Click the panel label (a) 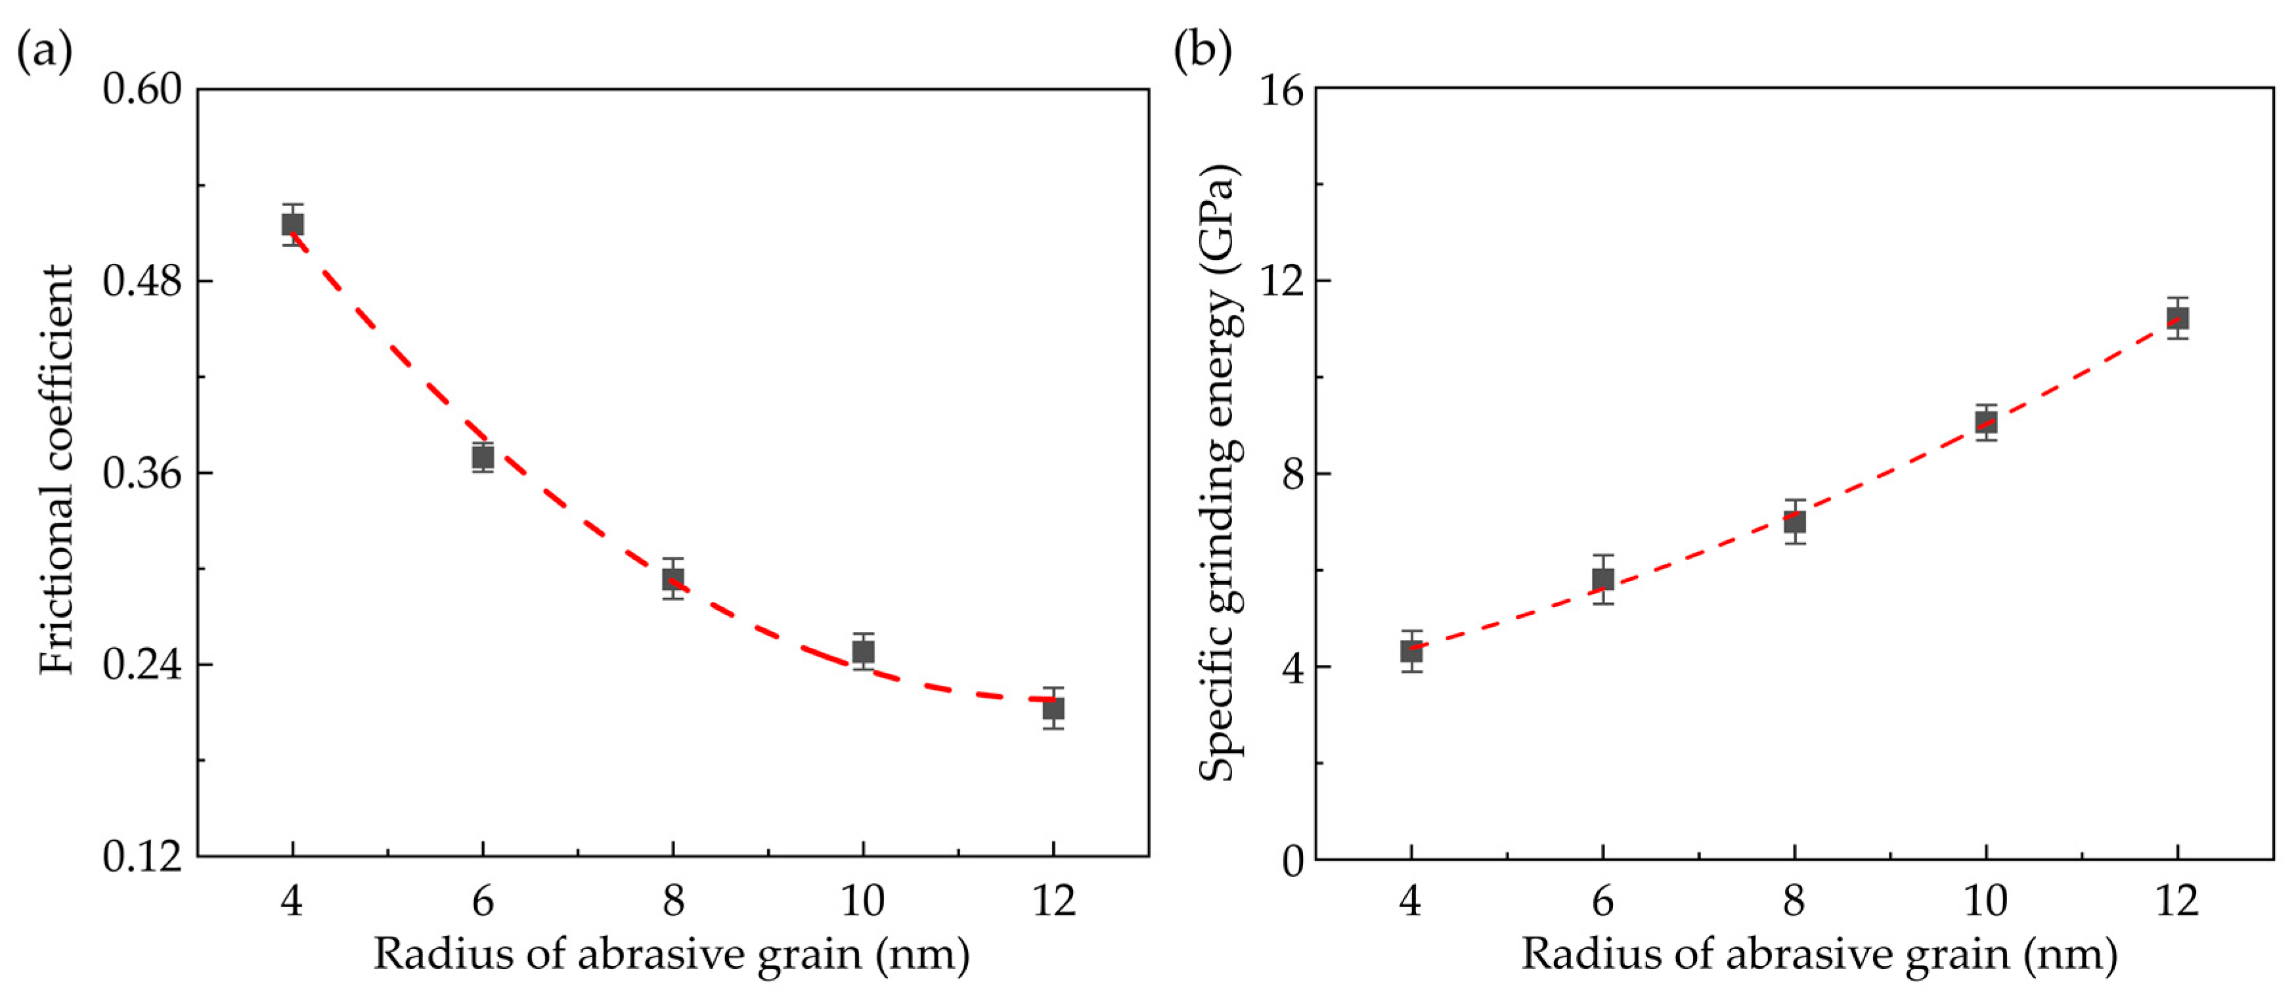tap(45, 51)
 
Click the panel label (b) tap(1203, 51)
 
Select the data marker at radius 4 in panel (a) tap(292, 224)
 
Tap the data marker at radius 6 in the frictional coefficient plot tap(483, 457)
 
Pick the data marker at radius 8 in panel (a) tap(673, 580)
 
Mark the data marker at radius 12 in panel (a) tap(1053, 708)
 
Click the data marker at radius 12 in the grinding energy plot tap(2178, 318)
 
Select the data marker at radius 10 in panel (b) tap(1986, 423)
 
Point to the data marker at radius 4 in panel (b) tap(1411, 651)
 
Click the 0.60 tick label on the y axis tap(143, 89)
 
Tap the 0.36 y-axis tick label tap(143, 473)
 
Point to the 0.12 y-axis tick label tap(143, 857)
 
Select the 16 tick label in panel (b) tap(1281, 89)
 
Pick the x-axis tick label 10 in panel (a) tap(863, 902)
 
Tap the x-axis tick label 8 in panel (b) tap(1794, 902)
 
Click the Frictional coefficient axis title tap(57, 471)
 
